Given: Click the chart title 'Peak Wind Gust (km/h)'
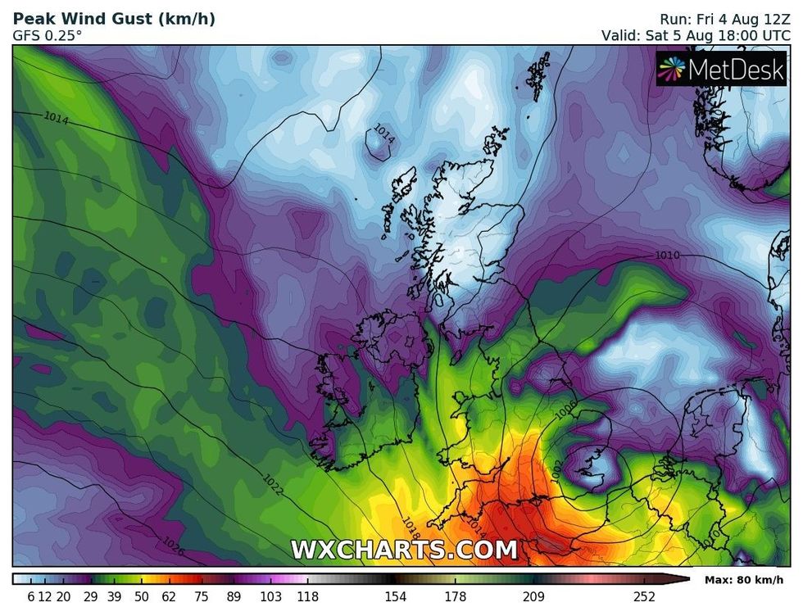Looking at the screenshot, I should pos(114,18).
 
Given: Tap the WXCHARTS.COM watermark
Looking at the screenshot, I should pos(404,549).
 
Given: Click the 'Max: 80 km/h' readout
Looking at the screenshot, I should pos(745,580).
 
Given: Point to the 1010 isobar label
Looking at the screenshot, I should pos(667,256).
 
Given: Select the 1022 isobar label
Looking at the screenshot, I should pos(273,484).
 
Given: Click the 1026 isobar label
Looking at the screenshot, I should pos(173,544).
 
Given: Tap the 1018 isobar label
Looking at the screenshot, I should pos(411,524).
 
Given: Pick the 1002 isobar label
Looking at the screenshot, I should pos(557,468).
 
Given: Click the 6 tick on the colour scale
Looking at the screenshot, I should pos(31,596).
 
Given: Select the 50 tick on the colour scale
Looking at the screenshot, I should pos(141,596).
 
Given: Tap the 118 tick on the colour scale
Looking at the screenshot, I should pos(307,596).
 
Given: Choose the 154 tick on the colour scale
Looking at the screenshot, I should pos(396,596).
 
